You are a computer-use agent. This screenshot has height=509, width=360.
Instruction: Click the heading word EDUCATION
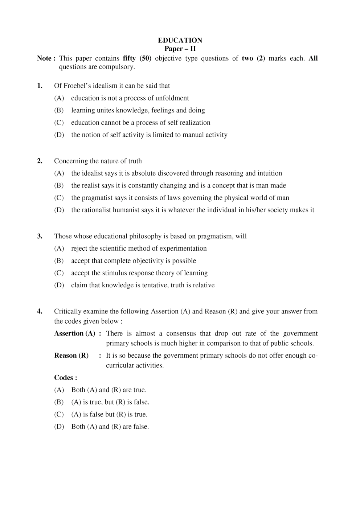pos(180,40)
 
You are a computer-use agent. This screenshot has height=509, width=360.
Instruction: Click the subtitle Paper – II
pos(180,49)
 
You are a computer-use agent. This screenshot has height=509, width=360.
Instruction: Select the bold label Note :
pos(46,58)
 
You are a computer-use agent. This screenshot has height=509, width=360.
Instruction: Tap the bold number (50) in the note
pos(145,58)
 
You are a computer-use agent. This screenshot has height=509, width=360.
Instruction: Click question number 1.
pos(40,86)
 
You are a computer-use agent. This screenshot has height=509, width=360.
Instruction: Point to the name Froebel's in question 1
pos(77,86)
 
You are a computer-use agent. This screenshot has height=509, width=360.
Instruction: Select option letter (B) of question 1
pos(59,110)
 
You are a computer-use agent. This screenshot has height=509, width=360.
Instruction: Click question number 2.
pos(40,161)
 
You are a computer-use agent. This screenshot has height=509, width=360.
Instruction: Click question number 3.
pos(40,237)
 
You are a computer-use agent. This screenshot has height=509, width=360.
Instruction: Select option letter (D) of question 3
pos(59,285)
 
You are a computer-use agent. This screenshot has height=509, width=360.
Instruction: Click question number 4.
pos(40,312)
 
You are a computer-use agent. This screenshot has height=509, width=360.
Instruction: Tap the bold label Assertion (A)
pos(75,333)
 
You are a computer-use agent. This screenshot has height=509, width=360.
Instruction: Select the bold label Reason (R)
pos(71,356)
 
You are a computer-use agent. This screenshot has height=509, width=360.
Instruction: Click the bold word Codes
pos(64,378)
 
